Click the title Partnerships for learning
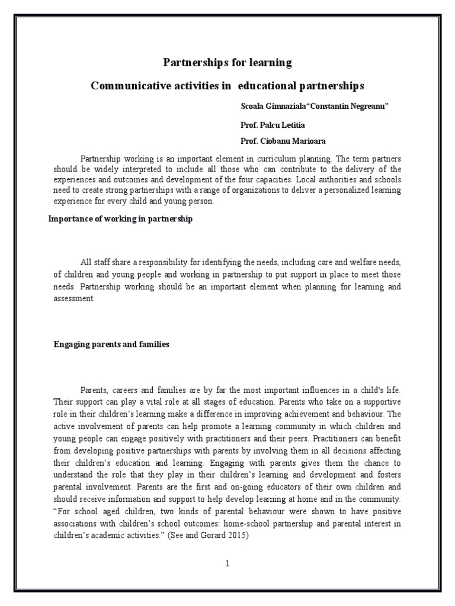point(227,62)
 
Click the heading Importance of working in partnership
point(120,219)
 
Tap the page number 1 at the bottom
point(227,564)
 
